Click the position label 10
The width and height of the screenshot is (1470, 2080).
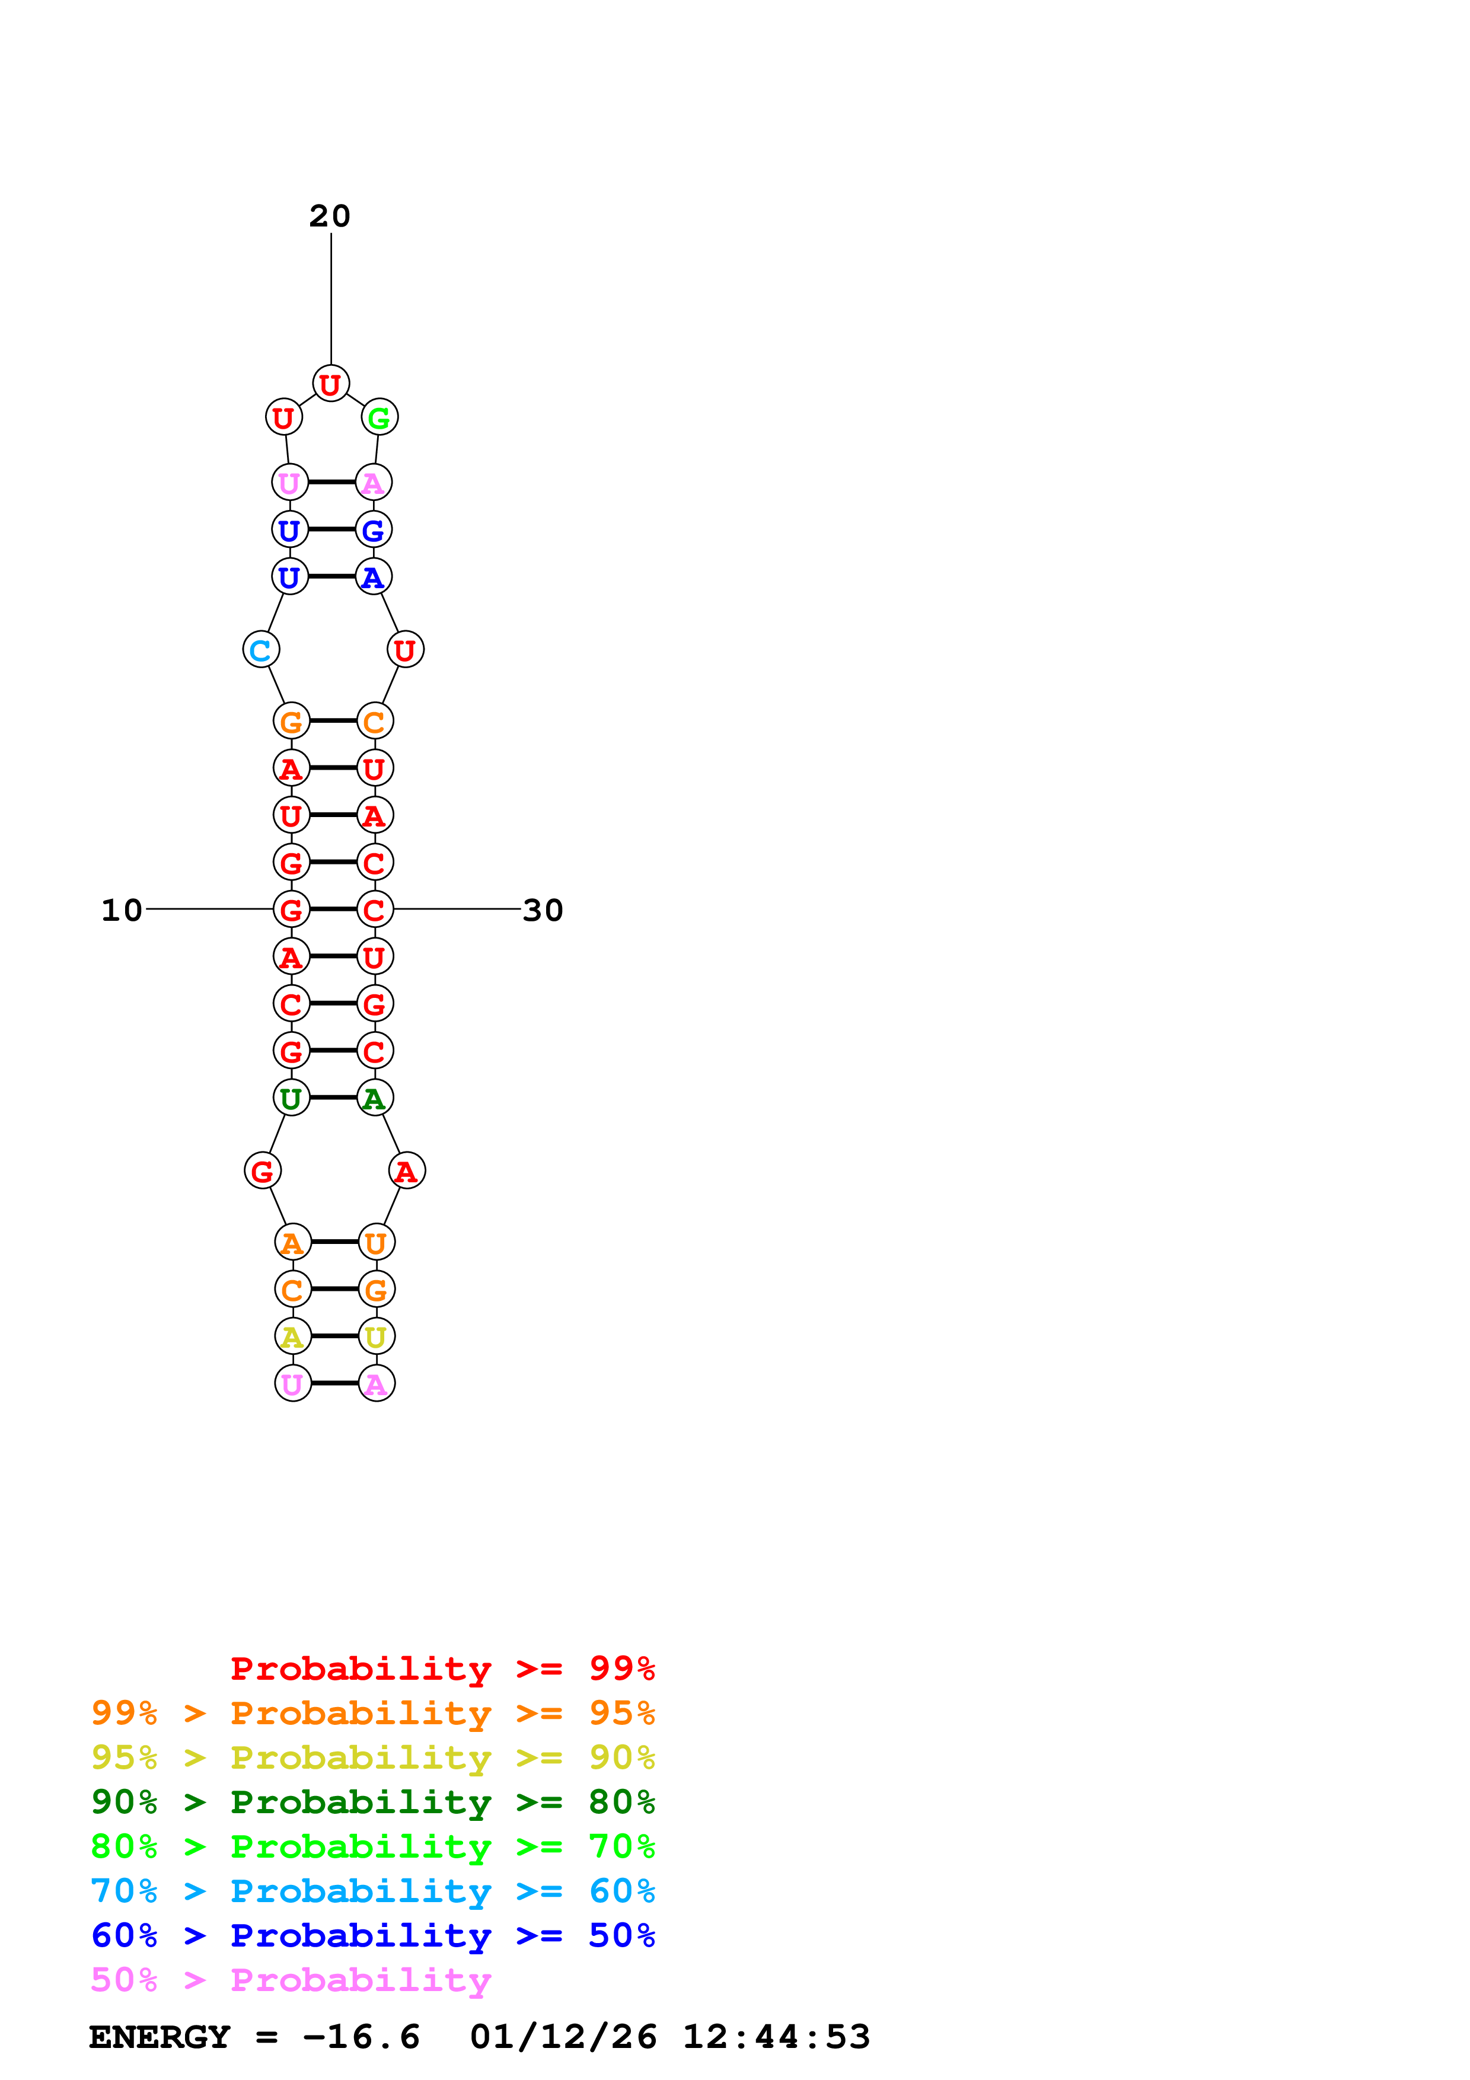tap(122, 910)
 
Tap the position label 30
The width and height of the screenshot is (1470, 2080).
tap(543, 910)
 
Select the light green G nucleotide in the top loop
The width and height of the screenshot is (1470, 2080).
tap(380, 417)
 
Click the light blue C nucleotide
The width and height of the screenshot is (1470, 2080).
tap(261, 649)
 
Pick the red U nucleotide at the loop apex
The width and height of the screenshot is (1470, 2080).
tap(331, 384)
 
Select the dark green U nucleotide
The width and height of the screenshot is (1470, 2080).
tap(291, 1098)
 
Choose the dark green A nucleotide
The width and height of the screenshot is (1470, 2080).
tap(375, 1098)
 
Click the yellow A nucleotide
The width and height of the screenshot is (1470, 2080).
tap(292, 1336)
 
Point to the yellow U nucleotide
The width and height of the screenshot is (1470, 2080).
tap(377, 1336)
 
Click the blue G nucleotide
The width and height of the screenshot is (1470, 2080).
tap(373, 530)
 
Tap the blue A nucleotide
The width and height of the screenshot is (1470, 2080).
tap(373, 577)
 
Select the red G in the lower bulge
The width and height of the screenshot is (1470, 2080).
tap(263, 1172)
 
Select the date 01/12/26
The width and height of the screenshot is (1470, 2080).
tap(563, 2037)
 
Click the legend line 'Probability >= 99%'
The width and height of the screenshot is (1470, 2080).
tap(443, 1668)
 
